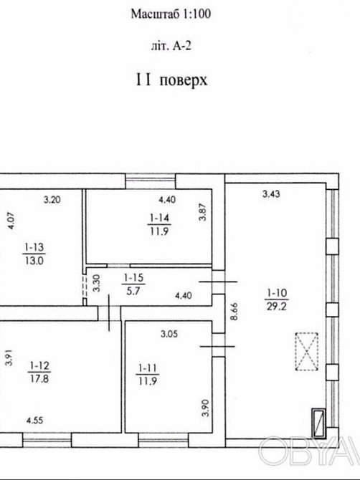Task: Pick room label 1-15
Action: coord(131,277)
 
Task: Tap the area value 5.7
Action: coord(131,290)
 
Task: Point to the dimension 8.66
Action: coord(232,312)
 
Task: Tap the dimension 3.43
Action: coord(271,193)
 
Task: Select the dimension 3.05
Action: coord(169,333)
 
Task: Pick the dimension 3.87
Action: coord(203,213)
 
